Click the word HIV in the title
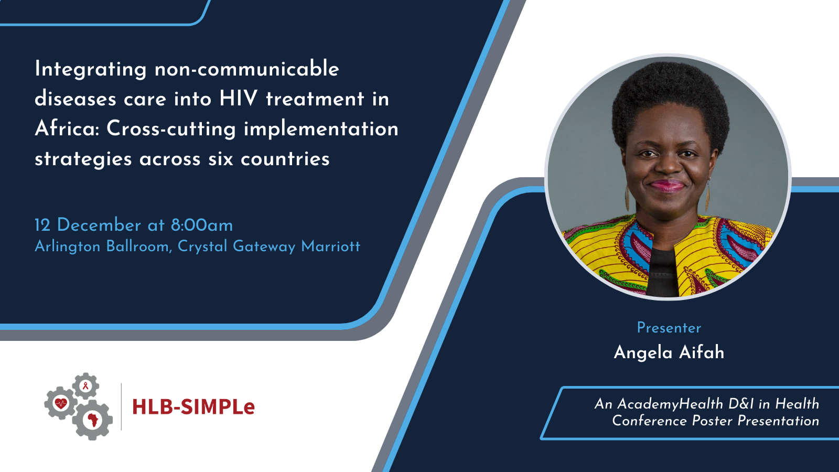[x=238, y=99]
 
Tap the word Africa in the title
[x=67, y=129]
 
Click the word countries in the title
[x=285, y=159]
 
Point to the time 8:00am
[x=202, y=225]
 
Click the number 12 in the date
[x=42, y=225]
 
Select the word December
[x=99, y=225]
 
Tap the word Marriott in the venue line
[x=331, y=246]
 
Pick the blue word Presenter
[x=669, y=328]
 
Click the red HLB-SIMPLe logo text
[x=193, y=407]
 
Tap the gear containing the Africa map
[x=92, y=420]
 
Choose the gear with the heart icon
[x=61, y=403]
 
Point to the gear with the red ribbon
[x=85, y=386]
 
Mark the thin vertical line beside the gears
[x=121, y=406]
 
